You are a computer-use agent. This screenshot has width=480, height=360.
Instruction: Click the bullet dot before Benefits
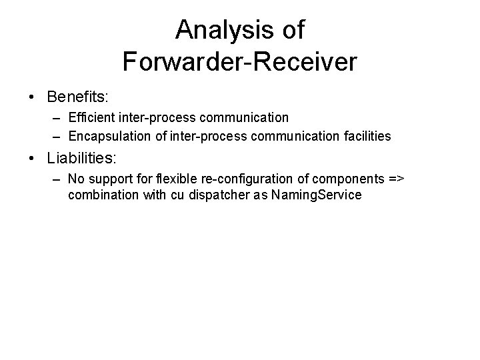33,97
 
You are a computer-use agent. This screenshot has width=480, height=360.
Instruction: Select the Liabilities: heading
82,159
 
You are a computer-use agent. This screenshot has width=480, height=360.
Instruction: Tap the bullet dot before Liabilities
33,160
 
